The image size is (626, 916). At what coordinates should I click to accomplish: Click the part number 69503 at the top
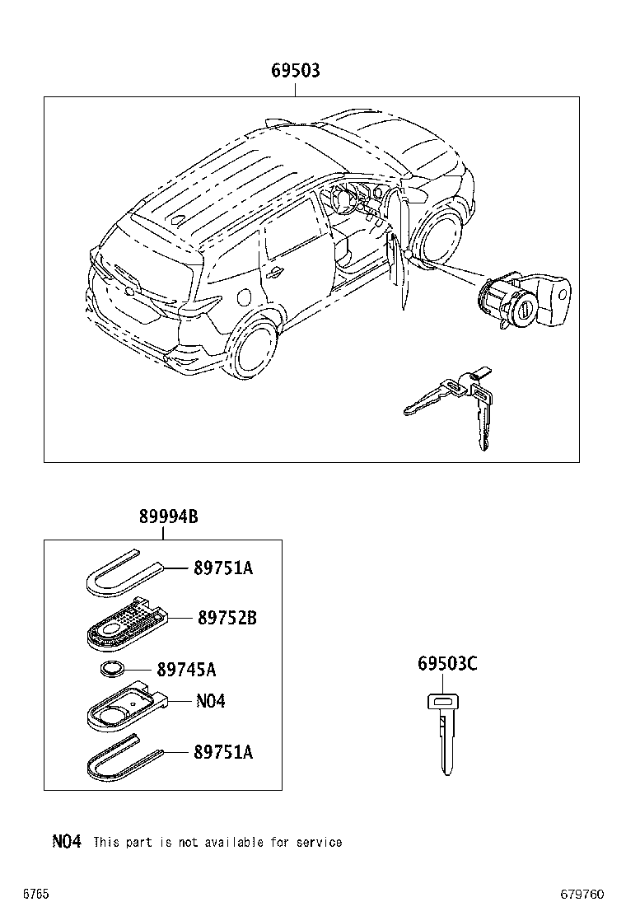click(x=295, y=72)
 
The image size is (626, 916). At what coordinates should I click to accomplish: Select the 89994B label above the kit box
click(x=168, y=516)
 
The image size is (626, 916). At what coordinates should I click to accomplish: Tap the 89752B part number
click(x=227, y=617)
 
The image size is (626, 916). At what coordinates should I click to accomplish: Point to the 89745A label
click(x=186, y=670)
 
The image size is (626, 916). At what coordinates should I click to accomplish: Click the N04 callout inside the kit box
click(x=210, y=701)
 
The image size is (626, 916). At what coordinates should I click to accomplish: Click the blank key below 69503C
click(x=445, y=733)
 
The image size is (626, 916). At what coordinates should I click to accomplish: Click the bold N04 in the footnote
click(x=67, y=841)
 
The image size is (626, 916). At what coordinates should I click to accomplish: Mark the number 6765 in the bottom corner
click(x=36, y=894)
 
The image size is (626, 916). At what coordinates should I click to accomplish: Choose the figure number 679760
click(x=582, y=894)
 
